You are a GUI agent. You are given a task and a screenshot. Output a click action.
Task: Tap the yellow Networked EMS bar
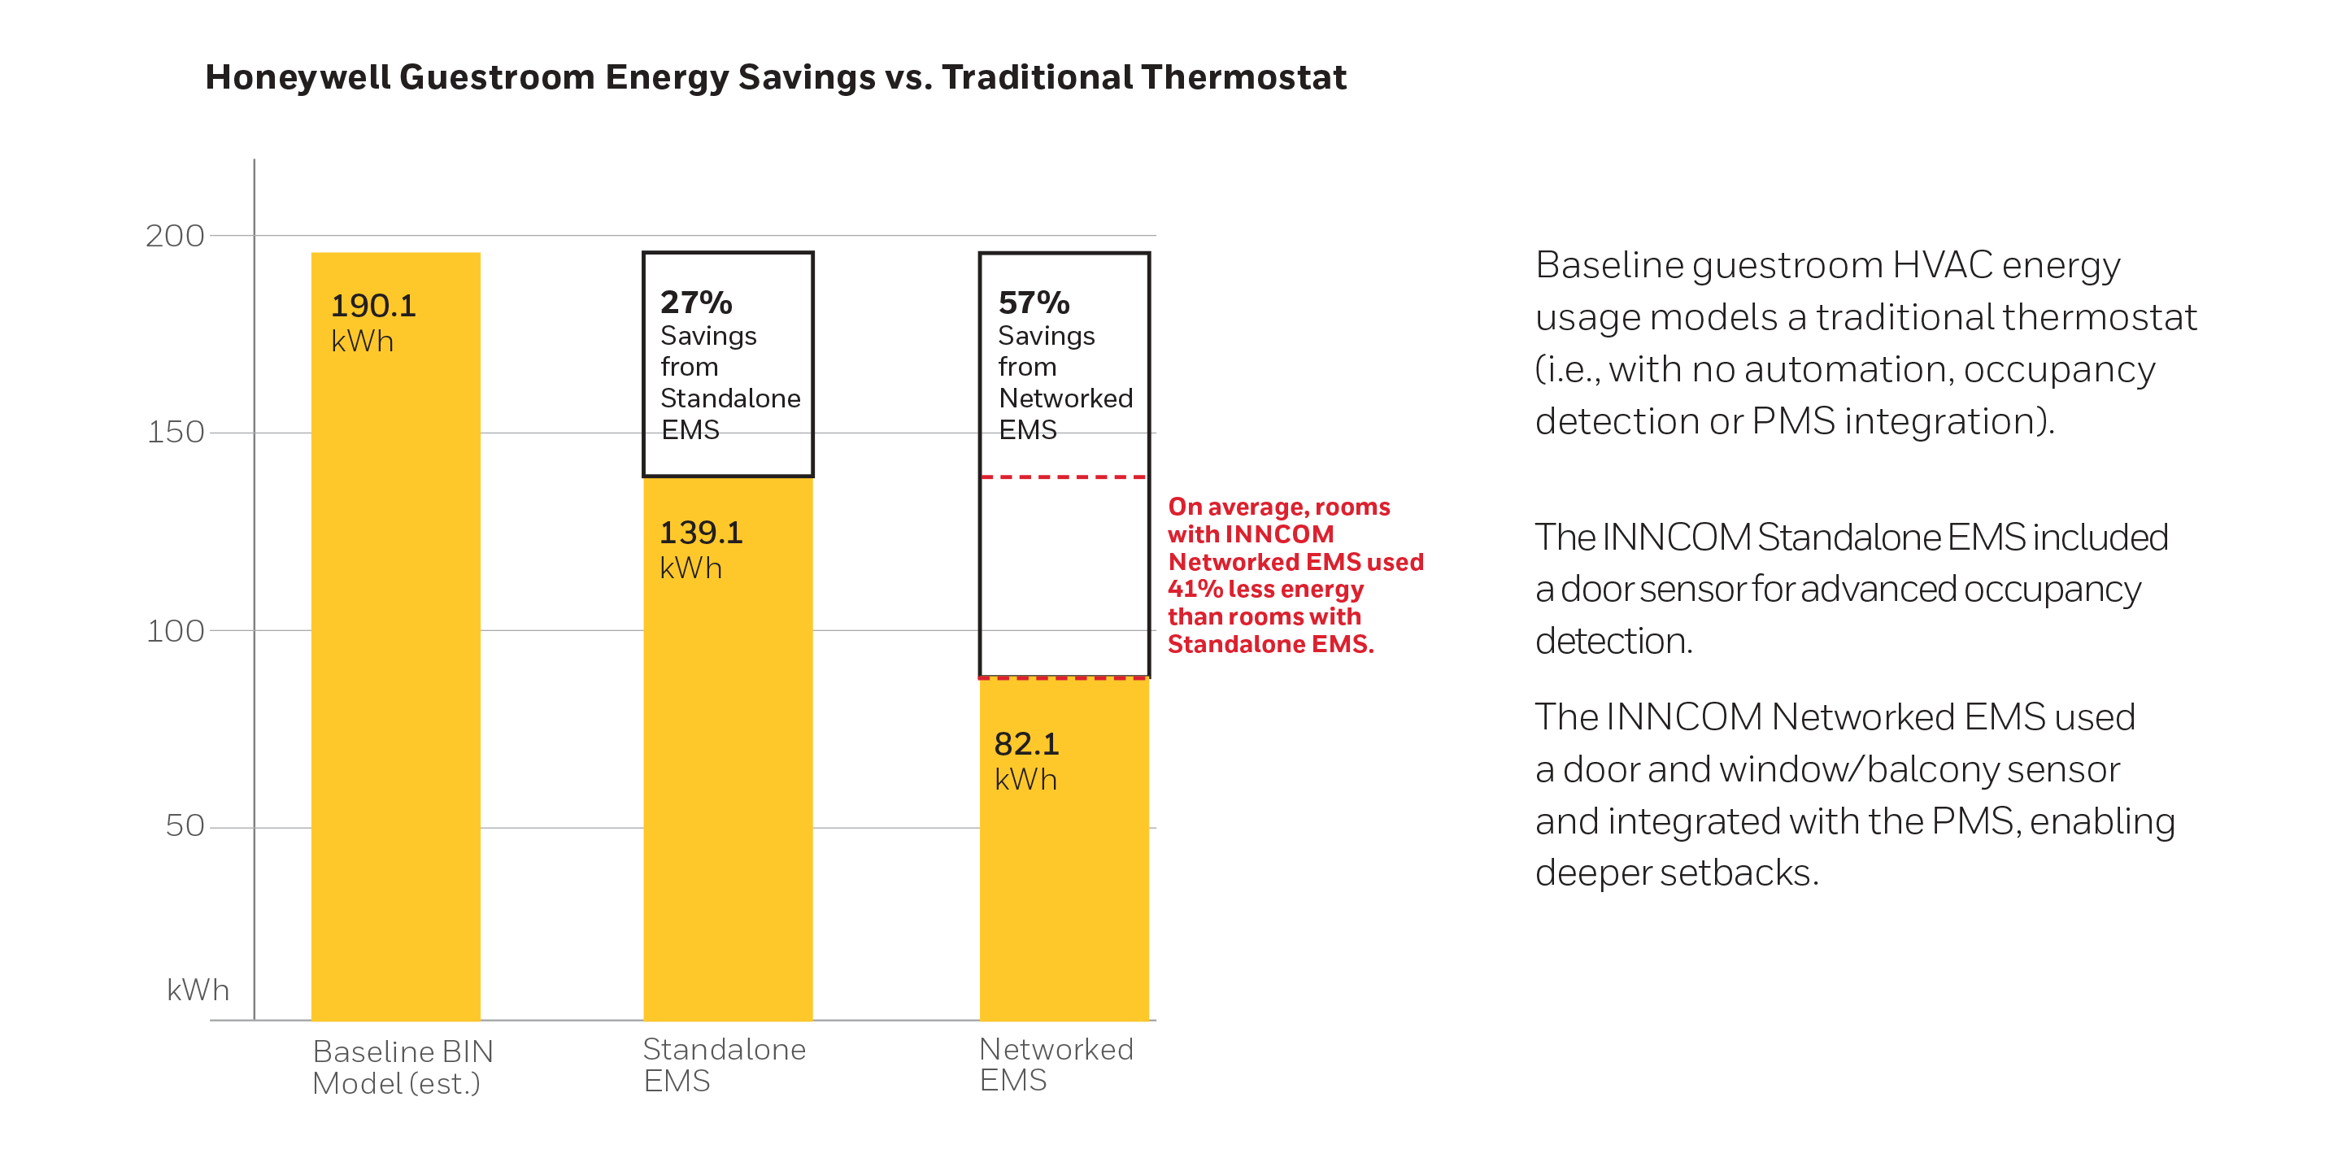click(1064, 864)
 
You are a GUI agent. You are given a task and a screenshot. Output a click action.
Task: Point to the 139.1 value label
click(701, 533)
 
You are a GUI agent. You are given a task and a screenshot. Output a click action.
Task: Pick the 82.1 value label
click(1026, 745)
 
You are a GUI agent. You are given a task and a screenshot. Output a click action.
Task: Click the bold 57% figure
click(1034, 303)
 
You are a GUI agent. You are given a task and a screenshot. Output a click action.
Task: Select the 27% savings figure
click(695, 303)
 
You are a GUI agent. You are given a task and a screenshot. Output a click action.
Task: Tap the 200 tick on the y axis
click(176, 237)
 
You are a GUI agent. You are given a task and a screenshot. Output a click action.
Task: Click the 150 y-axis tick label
click(176, 433)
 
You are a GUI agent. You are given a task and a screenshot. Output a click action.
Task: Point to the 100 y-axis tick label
click(176, 631)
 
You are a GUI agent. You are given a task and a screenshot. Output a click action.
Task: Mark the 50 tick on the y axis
click(185, 826)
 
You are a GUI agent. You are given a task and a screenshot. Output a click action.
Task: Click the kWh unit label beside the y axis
click(198, 990)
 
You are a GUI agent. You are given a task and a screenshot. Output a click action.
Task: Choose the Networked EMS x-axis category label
click(1056, 1064)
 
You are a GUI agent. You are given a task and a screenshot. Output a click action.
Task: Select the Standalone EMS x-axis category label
click(724, 1064)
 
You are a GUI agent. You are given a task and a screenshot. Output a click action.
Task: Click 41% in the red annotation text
click(1195, 589)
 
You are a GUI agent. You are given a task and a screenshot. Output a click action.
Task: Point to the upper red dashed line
click(1064, 477)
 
